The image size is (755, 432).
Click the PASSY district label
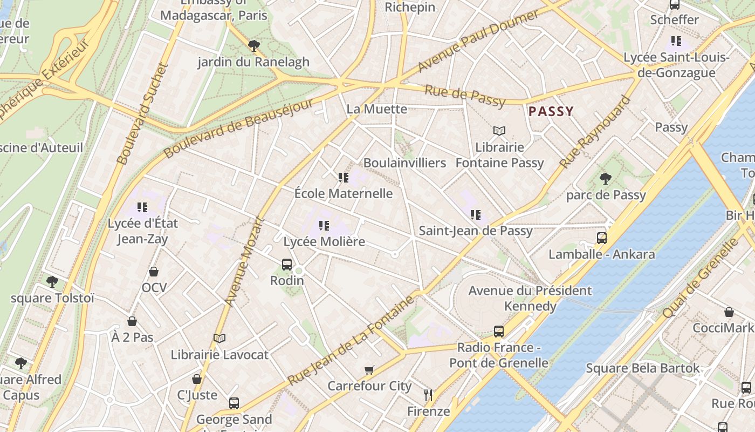(x=551, y=112)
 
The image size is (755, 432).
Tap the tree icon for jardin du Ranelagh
(x=253, y=45)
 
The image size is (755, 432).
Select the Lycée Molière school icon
(x=324, y=226)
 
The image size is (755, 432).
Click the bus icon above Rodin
(x=287, y=265)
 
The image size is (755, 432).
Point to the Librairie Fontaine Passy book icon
(x=499, y=131)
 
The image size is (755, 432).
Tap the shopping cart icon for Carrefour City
(x=369, y=370)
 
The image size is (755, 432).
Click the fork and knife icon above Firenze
(x=428, y=395)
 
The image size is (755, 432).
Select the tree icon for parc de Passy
(x=606, y=178)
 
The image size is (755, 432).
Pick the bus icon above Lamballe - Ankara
(x=601, y=238)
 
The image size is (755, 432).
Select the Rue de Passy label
(x=465, y=96)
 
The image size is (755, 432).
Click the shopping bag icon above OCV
(x=154, y=271)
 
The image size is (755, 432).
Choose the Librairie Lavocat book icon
(x=219, y=338)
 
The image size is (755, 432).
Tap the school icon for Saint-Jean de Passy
(x=475, y=215)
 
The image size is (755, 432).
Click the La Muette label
(x=376, y=109)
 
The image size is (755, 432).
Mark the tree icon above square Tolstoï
(x=52, y=281)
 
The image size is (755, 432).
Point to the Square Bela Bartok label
(x=643, y=368)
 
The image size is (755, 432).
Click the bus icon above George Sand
(x=234, y=403)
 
